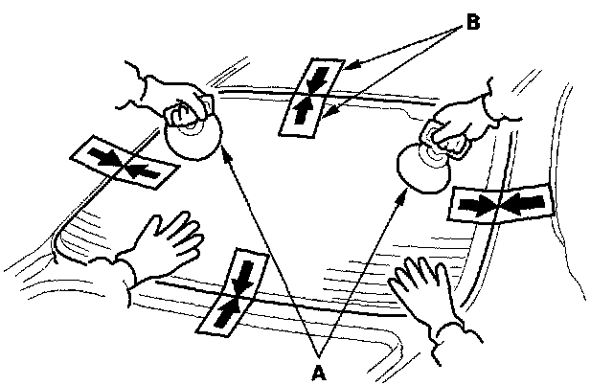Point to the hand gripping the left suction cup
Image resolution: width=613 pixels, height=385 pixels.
tap(172, 96)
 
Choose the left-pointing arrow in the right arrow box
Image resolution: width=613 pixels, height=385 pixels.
tap(525, 201)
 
